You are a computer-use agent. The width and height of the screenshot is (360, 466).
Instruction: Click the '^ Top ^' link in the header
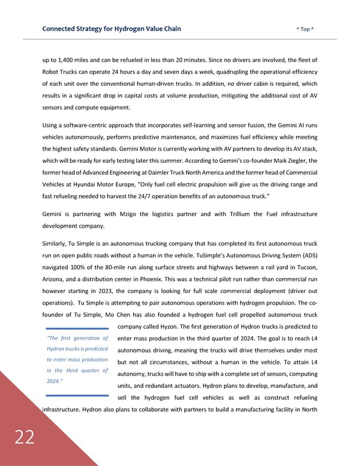(306, 29)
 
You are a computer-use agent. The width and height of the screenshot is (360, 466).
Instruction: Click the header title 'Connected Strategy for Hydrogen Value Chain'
(112, 29)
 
